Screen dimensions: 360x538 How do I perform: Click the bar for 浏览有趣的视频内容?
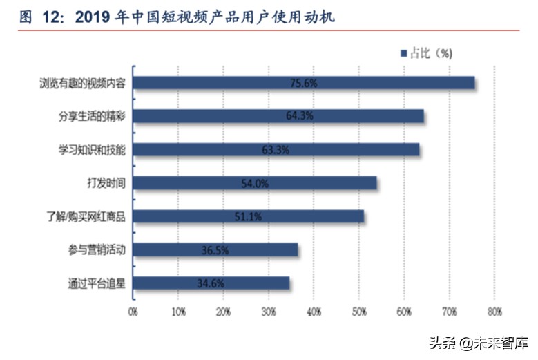point(207,83)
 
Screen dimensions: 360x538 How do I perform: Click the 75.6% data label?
point(303,83)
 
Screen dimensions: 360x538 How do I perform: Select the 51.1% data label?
point(248,217)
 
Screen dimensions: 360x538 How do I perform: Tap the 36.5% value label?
point(215,250)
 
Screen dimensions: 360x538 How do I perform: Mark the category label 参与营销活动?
point(97,250)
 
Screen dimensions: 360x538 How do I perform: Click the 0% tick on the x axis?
point(133,312)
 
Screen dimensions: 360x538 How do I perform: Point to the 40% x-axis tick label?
point(314,312)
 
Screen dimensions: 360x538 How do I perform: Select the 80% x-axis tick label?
point(494,312)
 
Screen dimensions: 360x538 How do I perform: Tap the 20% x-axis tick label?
point(223,312)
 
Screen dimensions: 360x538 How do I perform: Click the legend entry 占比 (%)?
point(430,53)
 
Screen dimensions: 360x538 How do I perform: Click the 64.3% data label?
point(299,116)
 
